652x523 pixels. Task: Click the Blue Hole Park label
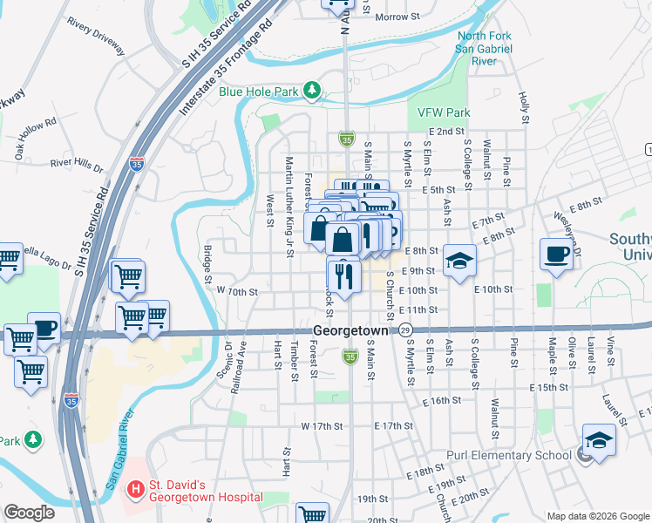(259, 91)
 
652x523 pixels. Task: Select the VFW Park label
(444, 112)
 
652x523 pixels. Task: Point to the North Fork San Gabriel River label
(482, 49)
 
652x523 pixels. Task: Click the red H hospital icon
(135, 491)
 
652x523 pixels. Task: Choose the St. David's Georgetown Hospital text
(205, 491)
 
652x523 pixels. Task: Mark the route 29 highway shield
(406, 330)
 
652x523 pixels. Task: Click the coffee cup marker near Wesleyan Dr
(556, 255)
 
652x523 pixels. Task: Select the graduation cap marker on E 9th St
(459, 261)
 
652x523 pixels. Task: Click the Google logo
(29, 513)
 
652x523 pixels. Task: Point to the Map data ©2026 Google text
(599, 516)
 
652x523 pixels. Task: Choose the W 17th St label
(321, 426)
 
